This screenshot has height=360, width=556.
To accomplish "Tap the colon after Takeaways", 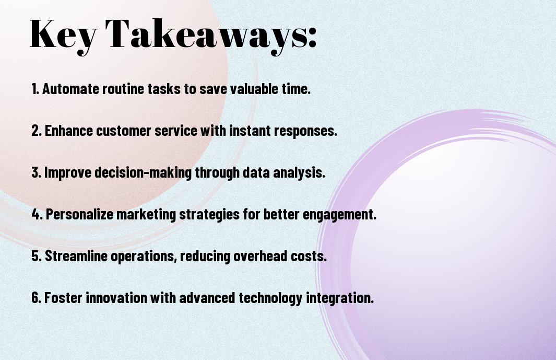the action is tap(312, 37).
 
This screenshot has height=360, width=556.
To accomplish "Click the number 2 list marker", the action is tap(37, 131).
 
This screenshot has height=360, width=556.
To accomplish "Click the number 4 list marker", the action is tap(37, 214).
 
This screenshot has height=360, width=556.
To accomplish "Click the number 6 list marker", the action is tap(37, 298).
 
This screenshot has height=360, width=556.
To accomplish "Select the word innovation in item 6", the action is tap(116, 298).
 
